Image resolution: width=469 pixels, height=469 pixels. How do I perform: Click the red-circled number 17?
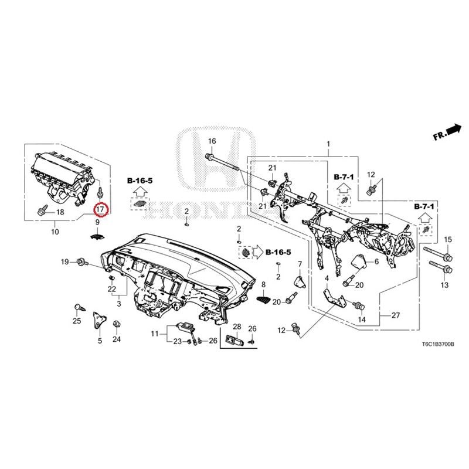click(100, 209)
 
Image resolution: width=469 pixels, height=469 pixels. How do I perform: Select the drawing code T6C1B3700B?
click(438, 344)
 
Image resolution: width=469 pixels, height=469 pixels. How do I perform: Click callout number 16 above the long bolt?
click(212, 141)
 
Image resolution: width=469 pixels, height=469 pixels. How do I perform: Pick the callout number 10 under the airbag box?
click(55, 232)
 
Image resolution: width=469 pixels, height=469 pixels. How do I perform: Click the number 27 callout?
click(395, 315)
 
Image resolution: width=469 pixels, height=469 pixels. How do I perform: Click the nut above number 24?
click(117, 324)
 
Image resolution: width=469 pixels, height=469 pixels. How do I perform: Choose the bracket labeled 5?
click(99, 320)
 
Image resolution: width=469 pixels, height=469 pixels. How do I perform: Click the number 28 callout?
click(237, 327)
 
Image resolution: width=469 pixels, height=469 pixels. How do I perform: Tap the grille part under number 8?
click(263, 300)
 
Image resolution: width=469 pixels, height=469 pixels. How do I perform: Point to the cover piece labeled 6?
click(359, 261)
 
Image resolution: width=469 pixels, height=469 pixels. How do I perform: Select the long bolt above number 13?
click(441, 267)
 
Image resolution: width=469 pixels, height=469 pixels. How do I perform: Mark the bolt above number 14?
click(358, 305)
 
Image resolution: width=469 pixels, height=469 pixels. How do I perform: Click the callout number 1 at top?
click(328, 144)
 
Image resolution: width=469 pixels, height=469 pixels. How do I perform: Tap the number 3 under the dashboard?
click(119, 304)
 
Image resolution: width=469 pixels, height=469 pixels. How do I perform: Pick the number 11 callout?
click(154, 333)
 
